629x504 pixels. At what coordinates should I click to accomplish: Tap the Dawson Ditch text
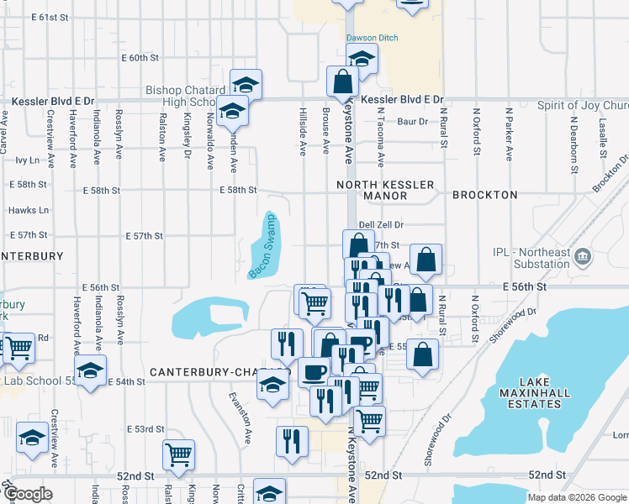[x=372, y=39]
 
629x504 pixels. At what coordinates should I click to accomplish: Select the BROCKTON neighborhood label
[x=484, y=195]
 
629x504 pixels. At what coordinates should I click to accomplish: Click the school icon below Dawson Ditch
[x=362, y=58]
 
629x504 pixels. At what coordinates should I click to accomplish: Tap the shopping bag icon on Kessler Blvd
[x=343, y=81]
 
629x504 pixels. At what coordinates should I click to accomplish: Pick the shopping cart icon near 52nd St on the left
[x=178, y=454]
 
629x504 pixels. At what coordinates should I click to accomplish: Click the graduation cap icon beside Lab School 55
[x=91, y=369]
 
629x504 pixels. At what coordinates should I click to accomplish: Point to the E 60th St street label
[x=140, y=58]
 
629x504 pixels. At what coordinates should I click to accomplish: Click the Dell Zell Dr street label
[x=381, y=225]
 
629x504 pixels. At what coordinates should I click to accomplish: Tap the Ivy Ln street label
[x=28, y=160]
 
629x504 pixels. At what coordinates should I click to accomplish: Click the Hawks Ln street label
[x=29, y=210]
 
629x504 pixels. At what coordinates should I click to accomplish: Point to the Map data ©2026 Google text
[x=576, y=497]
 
